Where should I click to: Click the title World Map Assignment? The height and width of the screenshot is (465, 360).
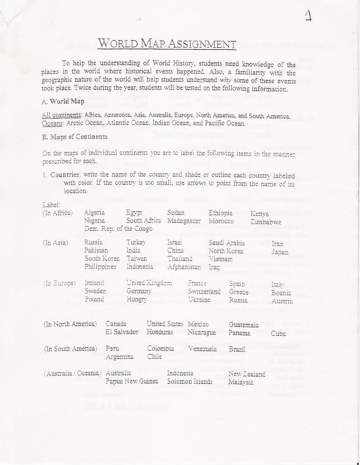tap(167, 44)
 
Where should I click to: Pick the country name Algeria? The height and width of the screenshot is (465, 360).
tap(94, 213)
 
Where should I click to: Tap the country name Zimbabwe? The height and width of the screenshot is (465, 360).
tap(266, 222)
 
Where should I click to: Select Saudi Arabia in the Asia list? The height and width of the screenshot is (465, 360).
tap(227, 243)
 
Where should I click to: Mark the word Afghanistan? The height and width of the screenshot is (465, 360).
tap(184, 267)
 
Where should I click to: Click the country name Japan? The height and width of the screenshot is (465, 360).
tap(280, 252)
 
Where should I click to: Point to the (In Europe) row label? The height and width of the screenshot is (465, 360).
tap(59, 283)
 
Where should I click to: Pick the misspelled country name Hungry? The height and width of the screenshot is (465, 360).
tap(137, 299)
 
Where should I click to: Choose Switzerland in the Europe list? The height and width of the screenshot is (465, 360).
tap(204, 291)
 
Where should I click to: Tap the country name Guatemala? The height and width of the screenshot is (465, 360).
tap(244, 324)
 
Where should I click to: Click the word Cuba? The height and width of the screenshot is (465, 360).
tap(278, 333)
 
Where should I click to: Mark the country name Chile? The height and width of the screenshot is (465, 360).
tap(154, 356)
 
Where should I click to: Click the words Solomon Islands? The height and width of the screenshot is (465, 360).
tap(189, 381)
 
